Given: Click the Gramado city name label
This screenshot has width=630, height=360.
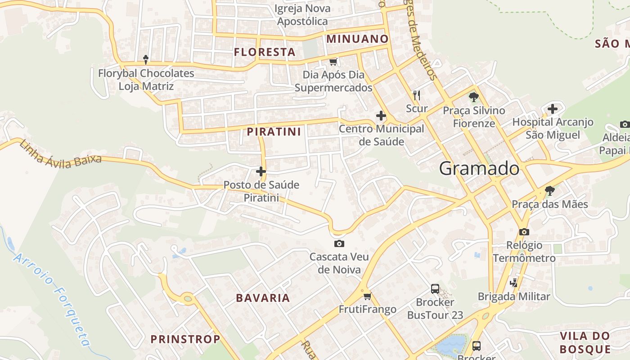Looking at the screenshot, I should coord(479,169).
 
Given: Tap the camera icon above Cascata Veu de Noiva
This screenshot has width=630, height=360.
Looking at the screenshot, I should coord(339,244).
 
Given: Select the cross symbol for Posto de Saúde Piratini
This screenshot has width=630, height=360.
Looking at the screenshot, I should coord(261,171).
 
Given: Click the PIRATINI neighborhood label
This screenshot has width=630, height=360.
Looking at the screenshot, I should coord(274,132).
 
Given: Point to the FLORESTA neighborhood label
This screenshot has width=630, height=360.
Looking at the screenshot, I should coord(265,52).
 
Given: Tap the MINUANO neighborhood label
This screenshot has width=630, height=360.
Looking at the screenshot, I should coord(357,39).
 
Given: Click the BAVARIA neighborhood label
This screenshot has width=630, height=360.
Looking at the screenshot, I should coord(263,298).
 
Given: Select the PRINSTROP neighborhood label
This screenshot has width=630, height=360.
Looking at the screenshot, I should coord(185,339).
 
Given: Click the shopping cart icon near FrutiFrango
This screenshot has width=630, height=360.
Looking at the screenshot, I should coord(368,296).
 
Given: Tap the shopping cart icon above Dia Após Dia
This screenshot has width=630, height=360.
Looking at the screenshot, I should coord(333,62).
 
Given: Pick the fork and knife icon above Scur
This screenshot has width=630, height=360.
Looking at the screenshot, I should coord(417,95).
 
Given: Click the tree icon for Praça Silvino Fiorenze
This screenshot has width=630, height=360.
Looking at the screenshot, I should coord(473,97).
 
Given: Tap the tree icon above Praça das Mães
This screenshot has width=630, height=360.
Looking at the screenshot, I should coord(549,191).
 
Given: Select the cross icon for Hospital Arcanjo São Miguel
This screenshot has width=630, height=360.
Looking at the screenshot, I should coord(553,109).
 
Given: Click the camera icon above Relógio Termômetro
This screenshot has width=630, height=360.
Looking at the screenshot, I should coord(524,232).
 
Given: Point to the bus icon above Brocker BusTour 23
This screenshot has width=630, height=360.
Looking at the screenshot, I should coord(435,289).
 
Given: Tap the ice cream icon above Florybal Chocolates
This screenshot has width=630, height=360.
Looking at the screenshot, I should coord(146,59).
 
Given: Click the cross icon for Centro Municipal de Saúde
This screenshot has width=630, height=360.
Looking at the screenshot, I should coord(381,116).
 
